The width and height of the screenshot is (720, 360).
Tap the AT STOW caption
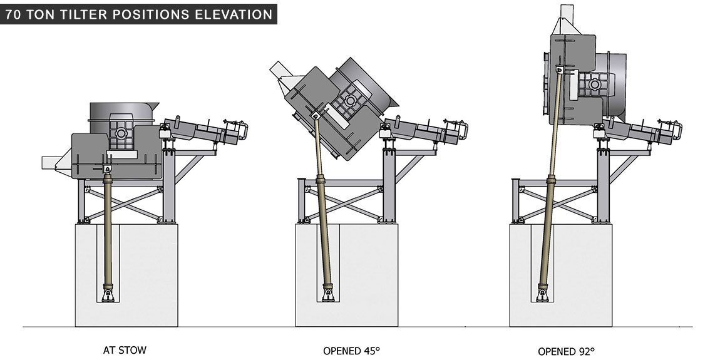pyautogui.click(x=125, y=350)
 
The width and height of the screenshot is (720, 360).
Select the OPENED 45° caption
pyautogui.click(x=351, y=351)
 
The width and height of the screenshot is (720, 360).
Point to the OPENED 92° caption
pyautogui.click(x=566, y=351)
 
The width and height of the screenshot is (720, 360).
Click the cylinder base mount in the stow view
pyautogui.click(x=108, y=294)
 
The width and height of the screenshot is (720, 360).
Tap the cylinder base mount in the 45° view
pyautogui.click(x=328, y=294)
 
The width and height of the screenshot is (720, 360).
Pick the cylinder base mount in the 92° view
pyautogui.click(x=542, y=294)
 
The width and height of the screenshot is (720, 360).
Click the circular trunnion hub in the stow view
pyautogui.click(x=121, y=133)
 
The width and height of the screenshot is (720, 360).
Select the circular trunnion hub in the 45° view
pyautogui.click(x=351, y=101)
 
